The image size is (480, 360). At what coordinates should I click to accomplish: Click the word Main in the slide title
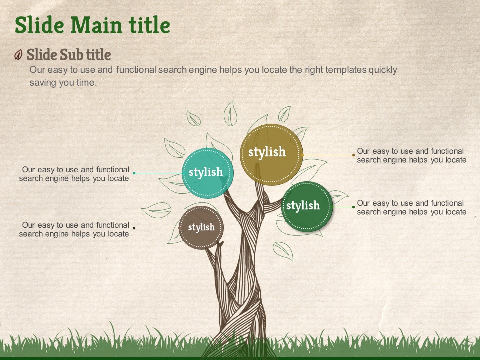pos(96,25)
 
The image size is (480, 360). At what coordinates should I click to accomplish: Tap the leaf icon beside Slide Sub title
pos(18,55)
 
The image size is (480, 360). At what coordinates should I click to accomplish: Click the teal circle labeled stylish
pos(208,173)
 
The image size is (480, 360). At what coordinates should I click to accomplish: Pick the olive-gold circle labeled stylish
pos(271,154)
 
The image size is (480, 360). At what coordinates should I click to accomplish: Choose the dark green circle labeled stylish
pos(307,207)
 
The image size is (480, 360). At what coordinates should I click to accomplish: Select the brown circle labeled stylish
pos(201,228)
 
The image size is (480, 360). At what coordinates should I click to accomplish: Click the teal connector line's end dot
pos(134,173)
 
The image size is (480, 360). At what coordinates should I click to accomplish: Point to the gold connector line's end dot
pos(354,155)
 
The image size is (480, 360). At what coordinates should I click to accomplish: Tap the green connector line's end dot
pos(354,207)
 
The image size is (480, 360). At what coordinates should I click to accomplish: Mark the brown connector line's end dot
pos(134,228)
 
